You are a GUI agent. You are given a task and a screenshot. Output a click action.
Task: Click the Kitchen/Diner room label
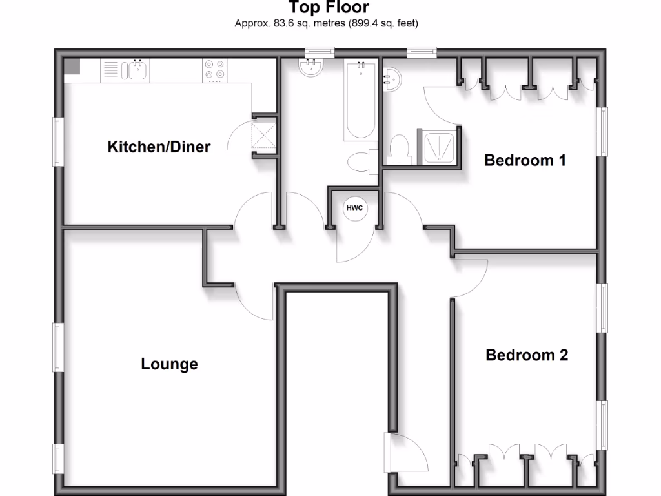click(158, 147)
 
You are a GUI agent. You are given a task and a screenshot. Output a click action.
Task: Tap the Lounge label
click(169, 364)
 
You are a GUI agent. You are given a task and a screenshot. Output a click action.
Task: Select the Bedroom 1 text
click(525, 160)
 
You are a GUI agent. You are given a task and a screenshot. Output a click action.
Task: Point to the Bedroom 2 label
click(527, 355)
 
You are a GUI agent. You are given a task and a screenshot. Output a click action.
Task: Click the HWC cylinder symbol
click(354, 208)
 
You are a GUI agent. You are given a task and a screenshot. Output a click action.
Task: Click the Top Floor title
click(329, 8)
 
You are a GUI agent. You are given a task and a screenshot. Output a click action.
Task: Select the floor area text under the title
click(326, 24)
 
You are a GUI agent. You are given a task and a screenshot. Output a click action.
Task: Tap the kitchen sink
click(136, 70)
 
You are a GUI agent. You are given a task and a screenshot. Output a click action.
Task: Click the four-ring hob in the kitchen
click(215, 70)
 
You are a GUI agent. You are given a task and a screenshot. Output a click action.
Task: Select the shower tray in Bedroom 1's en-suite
click(440, 147)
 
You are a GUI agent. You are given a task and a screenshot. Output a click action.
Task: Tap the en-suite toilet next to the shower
click(399, 150)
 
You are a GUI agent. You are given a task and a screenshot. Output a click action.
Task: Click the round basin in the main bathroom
click(312, 67)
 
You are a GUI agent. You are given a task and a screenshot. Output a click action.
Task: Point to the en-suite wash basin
click(392, 79)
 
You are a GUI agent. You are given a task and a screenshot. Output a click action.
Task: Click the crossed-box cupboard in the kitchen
click(263, 135)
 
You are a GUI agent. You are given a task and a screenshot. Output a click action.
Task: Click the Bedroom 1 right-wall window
click(603, 131)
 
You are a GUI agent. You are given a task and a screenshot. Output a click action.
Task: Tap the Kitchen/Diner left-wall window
click(57, 141)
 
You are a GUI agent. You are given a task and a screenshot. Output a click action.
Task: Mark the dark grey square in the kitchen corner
click(71, 67)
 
